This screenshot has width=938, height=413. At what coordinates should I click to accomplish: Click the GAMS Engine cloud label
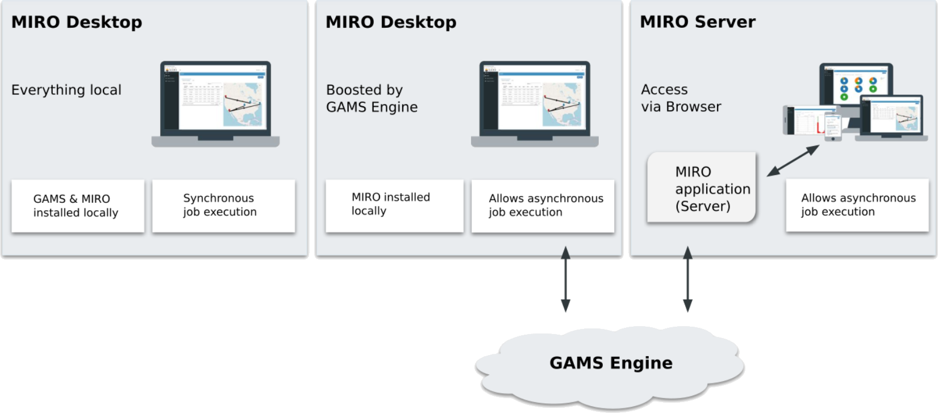pyautogui.click(x=611, y=363)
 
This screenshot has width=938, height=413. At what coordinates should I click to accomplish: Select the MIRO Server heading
pyautogui.click(x=697, y=22)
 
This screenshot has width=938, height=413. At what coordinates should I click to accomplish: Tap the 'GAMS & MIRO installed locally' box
pyautogui.click(x=78, y=206)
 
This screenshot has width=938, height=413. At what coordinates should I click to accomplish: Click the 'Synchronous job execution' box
pyautogui.click(x=223, y=206)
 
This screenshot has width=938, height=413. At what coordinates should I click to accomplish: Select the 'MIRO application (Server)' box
pyautogui.click(x=702, y=189)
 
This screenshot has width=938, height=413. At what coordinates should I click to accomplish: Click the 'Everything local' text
pyautogui.click(x=66, y=90)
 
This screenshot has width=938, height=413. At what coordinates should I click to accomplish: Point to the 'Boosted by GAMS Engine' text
pyautogui.click(x=372, y=99)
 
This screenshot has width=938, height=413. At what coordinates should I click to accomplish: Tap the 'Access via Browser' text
pyautogui.click(x=681, y=98)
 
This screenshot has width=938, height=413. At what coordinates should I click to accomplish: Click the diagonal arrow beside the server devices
pyautogui.click(x=793, y=161)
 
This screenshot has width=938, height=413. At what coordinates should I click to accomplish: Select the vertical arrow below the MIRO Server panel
pyautogui.click(x=687, y=279)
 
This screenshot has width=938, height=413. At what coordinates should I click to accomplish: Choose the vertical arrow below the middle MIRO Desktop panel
pyautogui.click(x=565, y=279)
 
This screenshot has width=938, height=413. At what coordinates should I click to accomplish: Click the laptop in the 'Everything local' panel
pyautogui.click(x=215, y=104)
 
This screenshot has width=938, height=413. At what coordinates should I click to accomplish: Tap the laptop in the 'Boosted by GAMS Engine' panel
pyautogui.click(x=535, y=104)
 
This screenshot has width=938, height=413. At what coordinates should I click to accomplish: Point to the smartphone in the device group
pyautogui.click(x=832, y=126)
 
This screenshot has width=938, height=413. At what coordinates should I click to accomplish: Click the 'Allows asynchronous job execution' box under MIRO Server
pyautogui.click(x=857, y=205)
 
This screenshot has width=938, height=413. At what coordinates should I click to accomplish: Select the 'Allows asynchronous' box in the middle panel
pyautogui.click(x=543, y=206)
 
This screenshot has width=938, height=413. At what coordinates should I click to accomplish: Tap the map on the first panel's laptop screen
pyautogui.click(x=244, y=105)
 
